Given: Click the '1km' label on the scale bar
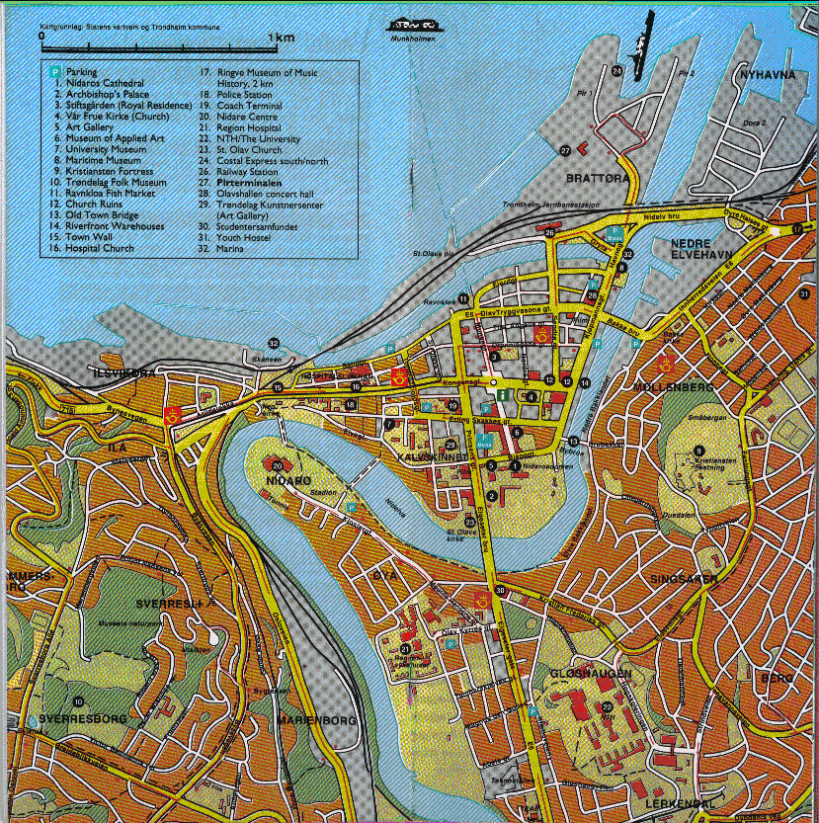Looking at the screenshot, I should (285, 38).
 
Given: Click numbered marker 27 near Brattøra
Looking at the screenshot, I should (565, 150).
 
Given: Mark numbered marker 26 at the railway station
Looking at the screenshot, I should (549, 232).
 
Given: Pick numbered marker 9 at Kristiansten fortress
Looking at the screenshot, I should (699, 452).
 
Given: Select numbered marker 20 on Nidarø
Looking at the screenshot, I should (278, 465).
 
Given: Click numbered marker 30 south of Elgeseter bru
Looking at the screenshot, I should (501, 591).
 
